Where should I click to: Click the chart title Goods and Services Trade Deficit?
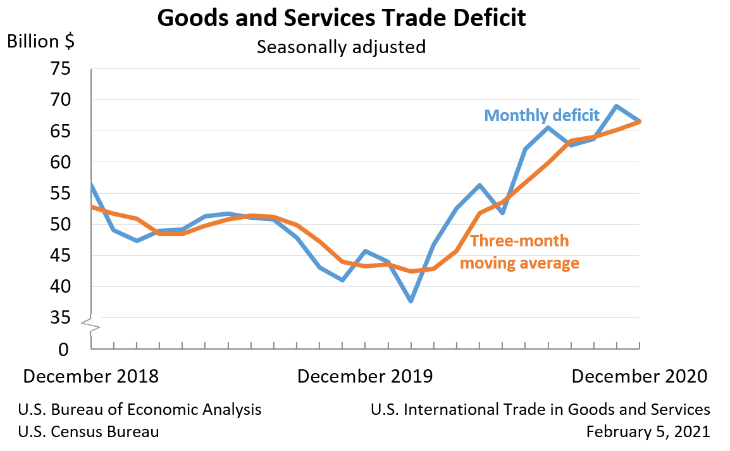coord(341,18)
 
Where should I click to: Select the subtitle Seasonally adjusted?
coord(341,47)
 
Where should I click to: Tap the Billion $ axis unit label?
coord(40,42)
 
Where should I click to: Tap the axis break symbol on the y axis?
coord(91,324)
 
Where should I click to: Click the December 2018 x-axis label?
coord(91,376)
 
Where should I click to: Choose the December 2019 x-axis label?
coord(365,376)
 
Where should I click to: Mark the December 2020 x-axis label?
coord(639,376)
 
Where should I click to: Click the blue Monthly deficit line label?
coord(541,115)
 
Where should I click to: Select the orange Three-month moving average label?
coord(519,252)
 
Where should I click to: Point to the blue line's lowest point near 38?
coord(411,301)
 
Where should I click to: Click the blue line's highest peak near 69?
coord(616,106)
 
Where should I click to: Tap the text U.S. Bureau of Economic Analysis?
coord(140,410)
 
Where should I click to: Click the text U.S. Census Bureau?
coord(89,432)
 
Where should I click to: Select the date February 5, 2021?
coord(648,432)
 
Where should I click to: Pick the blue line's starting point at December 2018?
coord(92,186)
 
